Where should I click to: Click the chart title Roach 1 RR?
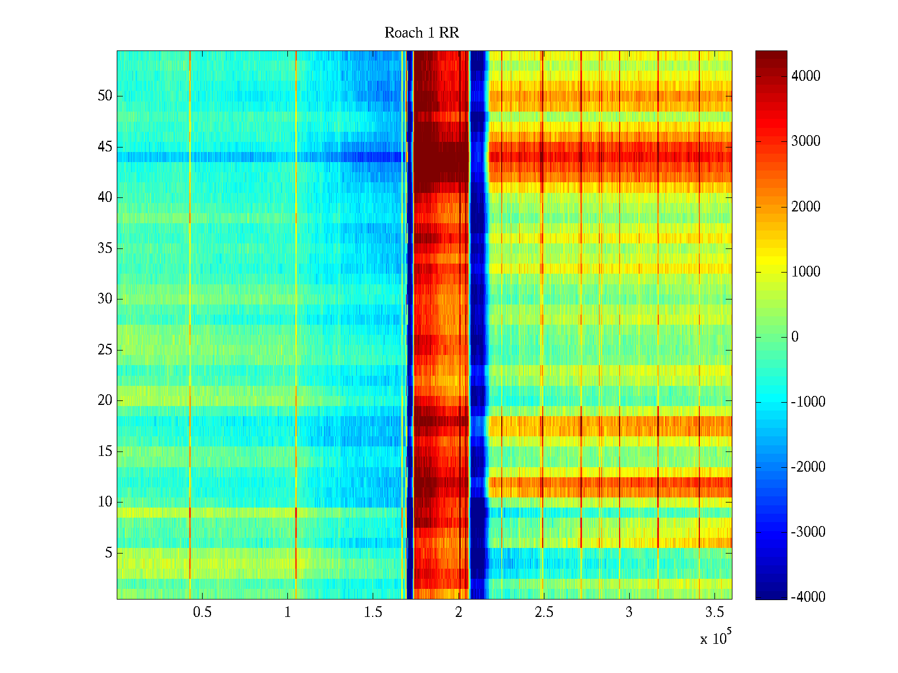click(x=421, y=33)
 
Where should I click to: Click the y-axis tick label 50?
click(x=105, y=96)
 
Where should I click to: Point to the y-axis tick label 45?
click(x=105, y=147)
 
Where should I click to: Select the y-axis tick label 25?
click(x=105, y=350)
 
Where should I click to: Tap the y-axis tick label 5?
click(x=108, y=553)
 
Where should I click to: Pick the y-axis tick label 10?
click(x=105, y=502)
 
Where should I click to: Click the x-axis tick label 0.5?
click(x=202, y=612)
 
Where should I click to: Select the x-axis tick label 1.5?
click(x=373, y=612)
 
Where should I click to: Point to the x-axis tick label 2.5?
click(x=543, y=612)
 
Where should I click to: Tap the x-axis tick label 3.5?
click(x=714, y=612)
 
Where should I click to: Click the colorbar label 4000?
click(x=805, y=76)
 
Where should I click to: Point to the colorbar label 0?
click(x=795, y=337)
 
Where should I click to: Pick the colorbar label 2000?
click(x=805, y=207)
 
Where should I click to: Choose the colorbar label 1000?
click(x=805, y=272)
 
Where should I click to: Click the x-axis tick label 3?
click(x=629, y=612)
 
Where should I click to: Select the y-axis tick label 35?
click(x=105, y=248)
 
